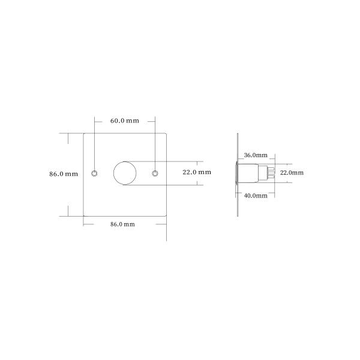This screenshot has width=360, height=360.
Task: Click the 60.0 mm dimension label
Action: tap(124, 121)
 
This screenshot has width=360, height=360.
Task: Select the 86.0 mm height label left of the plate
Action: tap(64, 174)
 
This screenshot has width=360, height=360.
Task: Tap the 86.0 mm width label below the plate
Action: tap(122, 224)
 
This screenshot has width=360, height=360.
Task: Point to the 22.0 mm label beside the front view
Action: tap(196, 172)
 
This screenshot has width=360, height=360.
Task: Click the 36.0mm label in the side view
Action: tap(256, 155)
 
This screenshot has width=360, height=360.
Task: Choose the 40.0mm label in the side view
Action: tap(256, 196)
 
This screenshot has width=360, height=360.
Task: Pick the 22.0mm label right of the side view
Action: tap(292, 173)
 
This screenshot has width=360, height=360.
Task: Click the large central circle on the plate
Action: tap(125, 173)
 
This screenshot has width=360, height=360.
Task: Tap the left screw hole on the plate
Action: tap(94, 173)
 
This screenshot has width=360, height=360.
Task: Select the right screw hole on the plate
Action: tap(155, 173)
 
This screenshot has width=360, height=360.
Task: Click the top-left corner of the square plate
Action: tap(83, 133)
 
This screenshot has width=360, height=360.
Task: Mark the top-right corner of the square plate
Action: tap(166, 133)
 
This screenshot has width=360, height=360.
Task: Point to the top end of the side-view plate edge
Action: tap(238, 134)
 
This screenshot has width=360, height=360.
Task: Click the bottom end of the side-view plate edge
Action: tap(238, 215)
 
